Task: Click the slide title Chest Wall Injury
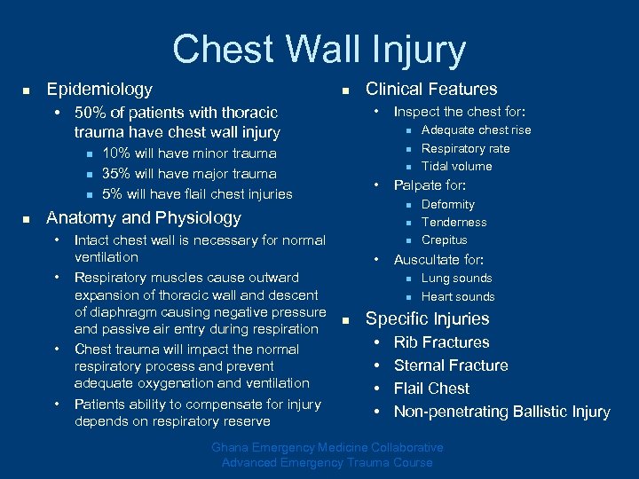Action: tap(319, 50)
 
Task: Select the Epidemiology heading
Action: tap(99, 90)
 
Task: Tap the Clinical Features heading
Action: tap(431, 89)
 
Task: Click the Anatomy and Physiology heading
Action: tap(144, 218)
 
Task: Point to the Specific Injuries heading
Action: tap(428, 319)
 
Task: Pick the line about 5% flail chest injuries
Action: tap(197, 193)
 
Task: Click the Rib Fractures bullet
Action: tap(441, 342)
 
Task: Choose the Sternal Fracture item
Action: tap(451, 365)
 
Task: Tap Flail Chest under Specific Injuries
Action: tap(431, 389)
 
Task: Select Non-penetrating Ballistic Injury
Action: tap(501, 412)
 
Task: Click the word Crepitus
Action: tap(444, 240)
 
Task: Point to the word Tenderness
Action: tap(454, 223)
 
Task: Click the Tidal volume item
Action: tap(456, 167)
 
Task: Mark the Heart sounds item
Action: tap(458, 297)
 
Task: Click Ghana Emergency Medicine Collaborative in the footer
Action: tap(326, 447)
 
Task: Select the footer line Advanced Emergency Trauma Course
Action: tap(327, 462)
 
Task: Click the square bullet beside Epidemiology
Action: tap(27, 90)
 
